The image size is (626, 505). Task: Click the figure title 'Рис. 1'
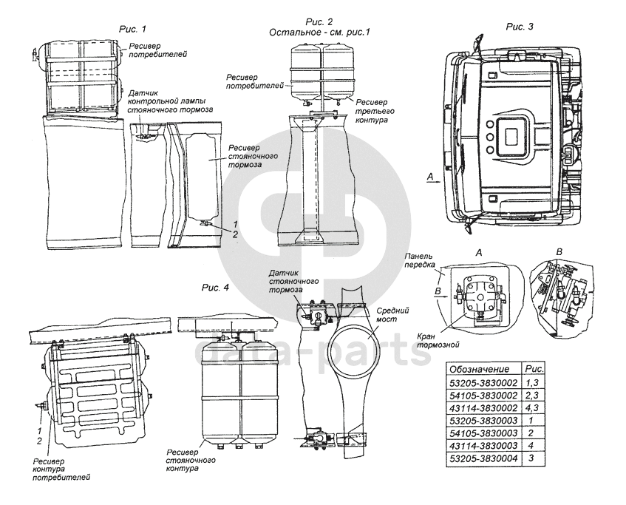tap(133, 29)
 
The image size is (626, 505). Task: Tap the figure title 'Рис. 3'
tap(520, 27)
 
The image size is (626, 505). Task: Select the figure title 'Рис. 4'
tap(216, 288)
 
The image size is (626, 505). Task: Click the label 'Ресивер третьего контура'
tap(374, 112)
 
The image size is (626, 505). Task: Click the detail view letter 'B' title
tap(559, 251)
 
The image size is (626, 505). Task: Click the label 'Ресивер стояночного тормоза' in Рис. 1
tap(252, 157)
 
